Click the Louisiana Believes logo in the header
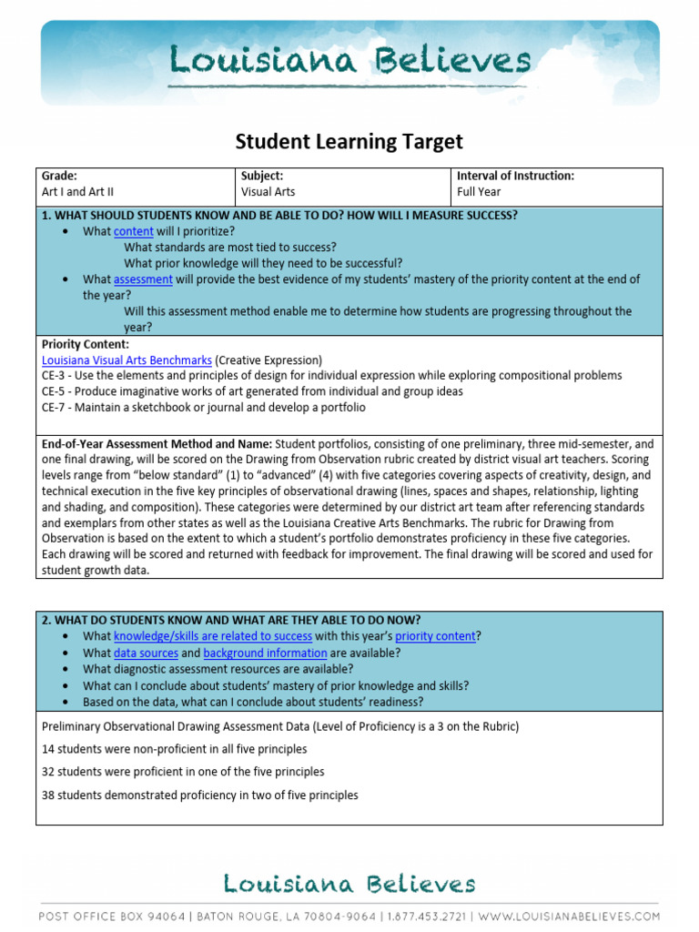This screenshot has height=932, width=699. [x=349, y=62]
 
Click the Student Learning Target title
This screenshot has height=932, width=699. [x=349, y=141]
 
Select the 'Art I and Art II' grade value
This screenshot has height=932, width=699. [x=78, y=192]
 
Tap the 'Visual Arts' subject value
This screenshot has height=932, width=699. [x=268, y=192]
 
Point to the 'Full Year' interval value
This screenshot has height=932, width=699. [x=479, y=192]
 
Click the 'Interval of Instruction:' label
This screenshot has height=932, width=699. [x=515, y=176]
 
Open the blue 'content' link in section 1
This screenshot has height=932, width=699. [x=133, y=231]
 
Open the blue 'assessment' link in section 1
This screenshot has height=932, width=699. [x=143, y=279]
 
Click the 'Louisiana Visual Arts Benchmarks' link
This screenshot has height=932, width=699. [x=127, y=360]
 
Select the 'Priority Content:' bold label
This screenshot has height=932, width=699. [x=86, y=345]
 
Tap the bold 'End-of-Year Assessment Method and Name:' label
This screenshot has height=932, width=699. [x=157, y=443]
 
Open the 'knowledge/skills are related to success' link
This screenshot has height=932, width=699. [x=212, y=636]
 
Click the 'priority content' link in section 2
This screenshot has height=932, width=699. [x=435, y=636]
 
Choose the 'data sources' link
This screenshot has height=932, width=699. [x=146, y=653]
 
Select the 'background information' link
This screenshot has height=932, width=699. [x=265, y=653]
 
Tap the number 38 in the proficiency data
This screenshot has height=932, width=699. [x=49, y=795]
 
